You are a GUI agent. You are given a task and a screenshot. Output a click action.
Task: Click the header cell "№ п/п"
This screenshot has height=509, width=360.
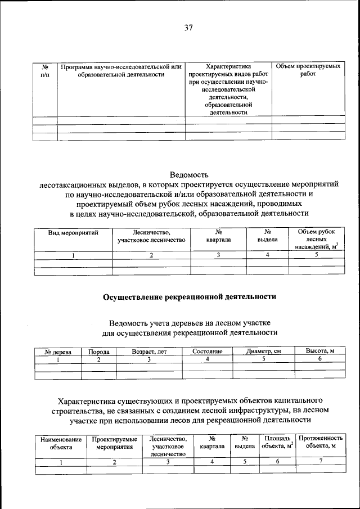(45, 70)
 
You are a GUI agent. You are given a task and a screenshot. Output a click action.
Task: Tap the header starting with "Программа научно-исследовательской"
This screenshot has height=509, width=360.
(121, 70)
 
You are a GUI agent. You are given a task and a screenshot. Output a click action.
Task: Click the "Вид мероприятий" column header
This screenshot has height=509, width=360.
(73, 232)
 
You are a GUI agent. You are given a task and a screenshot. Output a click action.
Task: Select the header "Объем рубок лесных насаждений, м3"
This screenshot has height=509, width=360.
(316, 239)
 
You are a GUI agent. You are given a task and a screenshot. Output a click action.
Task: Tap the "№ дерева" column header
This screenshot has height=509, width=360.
(58, 352)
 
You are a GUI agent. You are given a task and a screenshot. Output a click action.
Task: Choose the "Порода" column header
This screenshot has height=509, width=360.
(98, 352)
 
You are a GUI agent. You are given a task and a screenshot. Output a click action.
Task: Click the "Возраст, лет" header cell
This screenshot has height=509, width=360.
(149, 352)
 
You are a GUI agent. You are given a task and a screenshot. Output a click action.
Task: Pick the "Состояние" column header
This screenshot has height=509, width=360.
(207, 352)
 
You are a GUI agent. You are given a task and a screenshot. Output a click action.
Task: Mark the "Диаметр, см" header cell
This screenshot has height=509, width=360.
(263, 352)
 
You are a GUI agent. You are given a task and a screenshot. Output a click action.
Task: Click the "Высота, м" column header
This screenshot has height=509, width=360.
(319, 351)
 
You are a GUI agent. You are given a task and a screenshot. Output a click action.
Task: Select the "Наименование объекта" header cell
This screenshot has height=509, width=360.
(61, 443)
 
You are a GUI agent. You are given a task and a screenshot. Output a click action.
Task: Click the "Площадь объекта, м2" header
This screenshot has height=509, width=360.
(277, 443)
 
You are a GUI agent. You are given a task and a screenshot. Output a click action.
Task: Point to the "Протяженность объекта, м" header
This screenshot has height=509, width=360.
(320, 443)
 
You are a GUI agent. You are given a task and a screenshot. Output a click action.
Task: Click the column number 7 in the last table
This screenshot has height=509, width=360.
(320, 462)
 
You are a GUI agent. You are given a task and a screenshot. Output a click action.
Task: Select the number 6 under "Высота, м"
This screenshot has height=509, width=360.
(319, 359)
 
